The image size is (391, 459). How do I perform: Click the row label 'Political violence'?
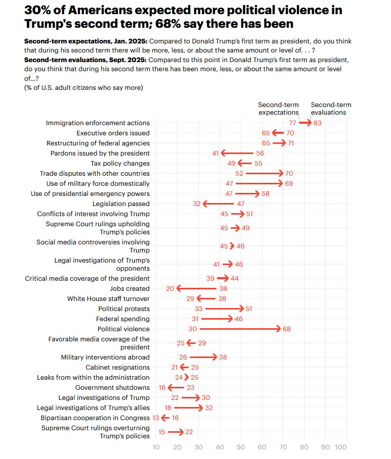pyautogui.click(x=123, y=329)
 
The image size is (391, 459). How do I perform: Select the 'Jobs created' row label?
pyautogui.click(x=130, y=288)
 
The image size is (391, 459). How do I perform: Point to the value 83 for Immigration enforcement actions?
pyautogui.click(x=318, y=123)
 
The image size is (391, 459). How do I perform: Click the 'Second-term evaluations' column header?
pyautogui.click(x=331, y=109)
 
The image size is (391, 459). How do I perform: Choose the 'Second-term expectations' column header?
pyautogui.click(x=278, y=109)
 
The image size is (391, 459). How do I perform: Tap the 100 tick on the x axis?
pyautogui.click(x=341, y=447)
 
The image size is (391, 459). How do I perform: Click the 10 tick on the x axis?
pyautogui.click(x=156, y=447)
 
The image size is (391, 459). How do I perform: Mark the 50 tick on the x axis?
pyautogui.click(x=241, y=447)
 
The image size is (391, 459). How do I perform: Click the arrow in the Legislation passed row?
pyautogui.click(x=219, y=203)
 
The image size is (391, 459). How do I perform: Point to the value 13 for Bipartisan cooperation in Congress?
pyautogui.click(x=156, y=418)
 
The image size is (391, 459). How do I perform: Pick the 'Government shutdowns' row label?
pyautogui.click(x=112, y=387)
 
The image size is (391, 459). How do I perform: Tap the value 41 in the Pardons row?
pyautogui.click(x=215, y=153)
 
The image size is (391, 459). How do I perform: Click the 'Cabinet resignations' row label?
pyautogui.click(x=117, y=367)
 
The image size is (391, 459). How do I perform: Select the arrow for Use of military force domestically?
pyautogui.click(x=258, y=183)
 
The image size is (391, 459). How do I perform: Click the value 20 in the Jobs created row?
pyautogui.click(x=170, y=288)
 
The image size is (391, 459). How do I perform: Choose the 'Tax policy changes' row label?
pyautogui.click(x=120, y=163)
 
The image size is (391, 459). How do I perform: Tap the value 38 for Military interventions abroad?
pyautogui.click(x=223, y=357)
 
